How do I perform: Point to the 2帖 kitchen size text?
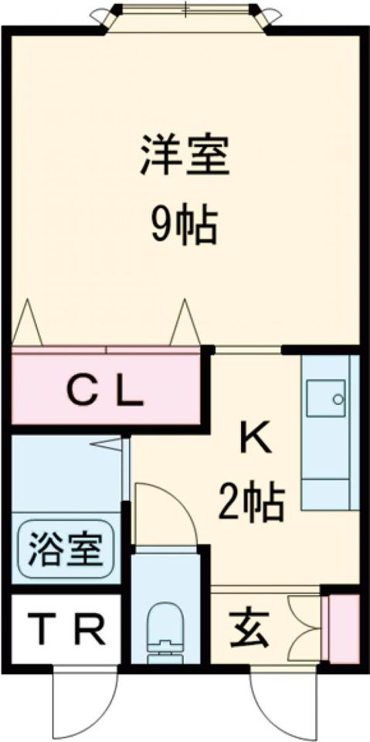pos(251,502)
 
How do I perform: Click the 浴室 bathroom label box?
pos(65,550)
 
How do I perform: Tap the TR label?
pos(65,631)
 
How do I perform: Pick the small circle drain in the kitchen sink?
pos(337,399)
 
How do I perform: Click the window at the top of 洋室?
pos(185,13)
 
